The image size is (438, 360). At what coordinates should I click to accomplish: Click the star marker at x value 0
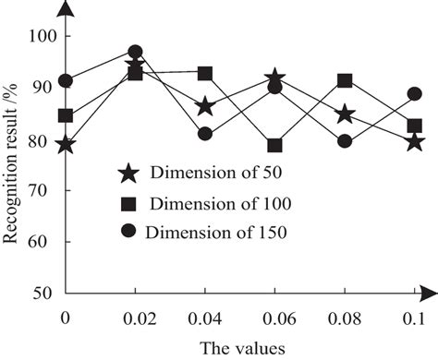coord(66,144)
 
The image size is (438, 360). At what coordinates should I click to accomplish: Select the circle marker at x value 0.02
coord(135,53)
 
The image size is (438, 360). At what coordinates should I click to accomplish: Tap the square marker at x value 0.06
coord(274,145)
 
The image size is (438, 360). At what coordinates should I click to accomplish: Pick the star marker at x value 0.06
coord(274,80)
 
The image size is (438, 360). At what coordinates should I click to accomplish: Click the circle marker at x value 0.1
coord(414,93)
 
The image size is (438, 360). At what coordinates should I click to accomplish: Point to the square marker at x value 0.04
coord(205,73)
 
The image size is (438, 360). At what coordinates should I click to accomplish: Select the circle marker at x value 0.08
coord(345,141)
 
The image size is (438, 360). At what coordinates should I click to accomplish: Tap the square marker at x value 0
coord(66,115)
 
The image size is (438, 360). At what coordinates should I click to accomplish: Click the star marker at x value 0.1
coord(414,141)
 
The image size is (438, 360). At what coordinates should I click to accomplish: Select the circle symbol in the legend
coord(129,232)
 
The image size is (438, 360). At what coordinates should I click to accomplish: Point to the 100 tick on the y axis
coord(43,36)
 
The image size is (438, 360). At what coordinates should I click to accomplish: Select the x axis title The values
coord(239,347)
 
